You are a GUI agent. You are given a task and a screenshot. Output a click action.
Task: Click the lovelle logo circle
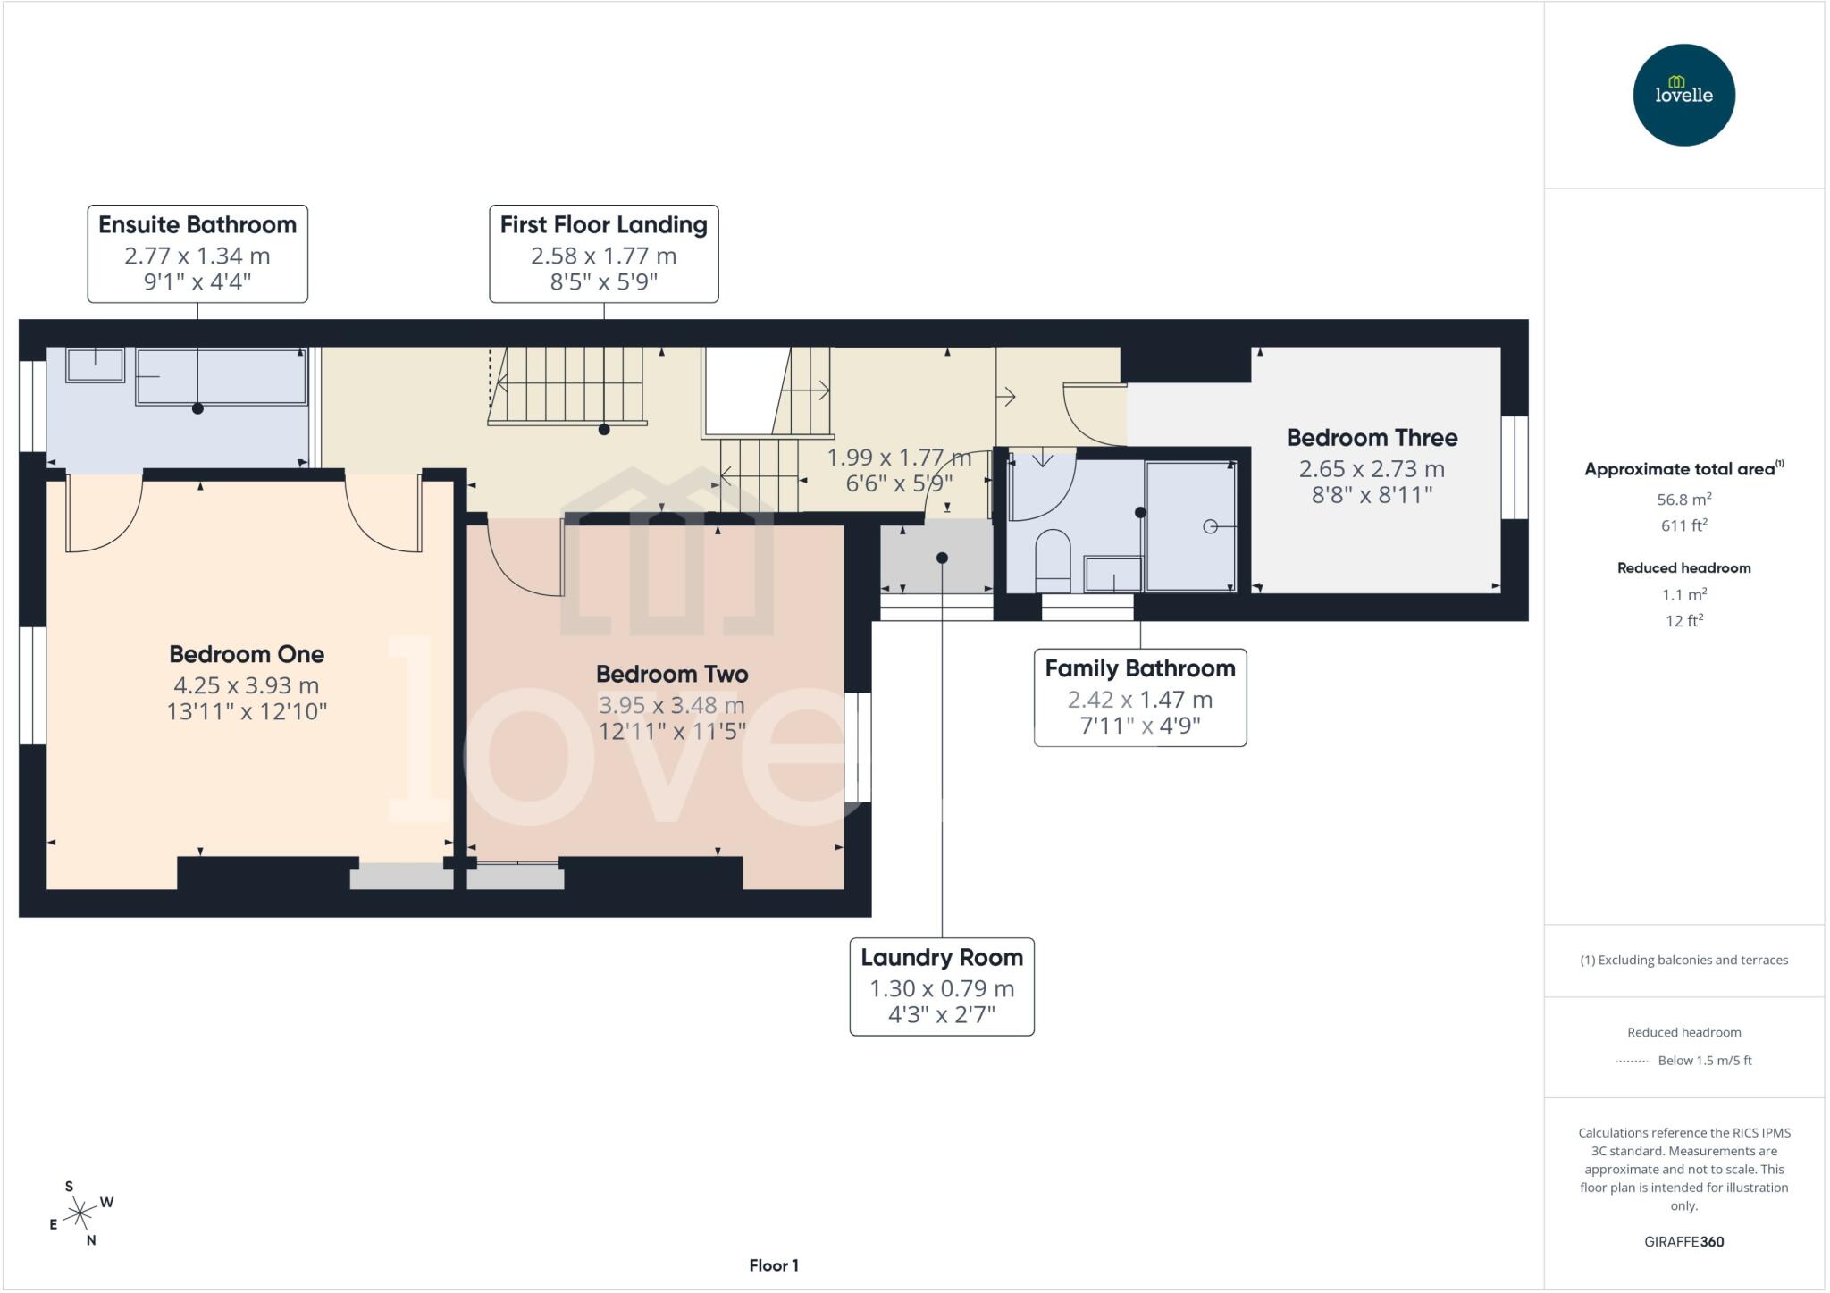1683,95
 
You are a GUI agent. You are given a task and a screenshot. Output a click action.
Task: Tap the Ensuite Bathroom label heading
197,225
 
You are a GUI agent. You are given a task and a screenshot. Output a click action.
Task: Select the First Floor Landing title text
603,225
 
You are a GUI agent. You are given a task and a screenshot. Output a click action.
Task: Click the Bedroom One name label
247,654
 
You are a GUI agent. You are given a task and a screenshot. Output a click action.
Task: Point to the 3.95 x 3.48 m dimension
671,705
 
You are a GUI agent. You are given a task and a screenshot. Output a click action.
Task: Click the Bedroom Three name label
1372,438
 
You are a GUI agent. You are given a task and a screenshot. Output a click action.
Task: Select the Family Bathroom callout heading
1139,668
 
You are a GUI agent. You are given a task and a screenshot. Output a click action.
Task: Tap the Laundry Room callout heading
942,957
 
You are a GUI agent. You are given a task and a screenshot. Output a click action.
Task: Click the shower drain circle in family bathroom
1210,526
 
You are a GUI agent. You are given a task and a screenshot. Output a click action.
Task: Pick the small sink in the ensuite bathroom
95,365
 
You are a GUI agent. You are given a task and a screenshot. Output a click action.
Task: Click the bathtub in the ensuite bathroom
221,376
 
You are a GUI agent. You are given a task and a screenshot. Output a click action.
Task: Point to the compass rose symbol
80,1213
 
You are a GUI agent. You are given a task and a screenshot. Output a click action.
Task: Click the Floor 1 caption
774,1265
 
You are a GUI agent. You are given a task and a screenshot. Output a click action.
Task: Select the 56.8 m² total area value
1683,500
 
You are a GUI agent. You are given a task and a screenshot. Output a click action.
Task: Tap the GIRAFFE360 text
1683,1241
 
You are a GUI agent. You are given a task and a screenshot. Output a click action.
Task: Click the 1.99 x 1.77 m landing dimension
898,458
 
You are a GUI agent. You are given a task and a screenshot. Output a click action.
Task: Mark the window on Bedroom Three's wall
1515,467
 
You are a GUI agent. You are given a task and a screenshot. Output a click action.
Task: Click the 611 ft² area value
1683,525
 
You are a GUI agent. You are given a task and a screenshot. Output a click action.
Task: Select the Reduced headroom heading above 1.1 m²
1683,567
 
